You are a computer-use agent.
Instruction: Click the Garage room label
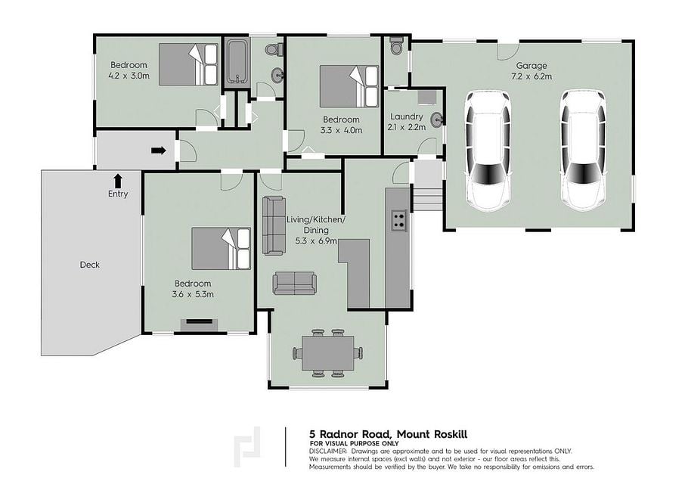[532, 66]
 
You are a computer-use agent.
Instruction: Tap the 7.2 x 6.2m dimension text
[532, 76]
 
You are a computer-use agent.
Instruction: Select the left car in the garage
[488, 150]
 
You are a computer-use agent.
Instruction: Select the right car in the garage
[583, 150]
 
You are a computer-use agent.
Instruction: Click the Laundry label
[406, 116]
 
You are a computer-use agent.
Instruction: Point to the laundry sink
[436, 119]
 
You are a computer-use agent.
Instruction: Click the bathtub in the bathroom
[237, 61]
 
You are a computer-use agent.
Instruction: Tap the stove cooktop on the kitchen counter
[398, 220]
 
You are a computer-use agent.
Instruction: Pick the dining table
[327, 353]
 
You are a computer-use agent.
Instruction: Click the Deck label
[89, 265]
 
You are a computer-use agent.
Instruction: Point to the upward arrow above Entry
[117, 181]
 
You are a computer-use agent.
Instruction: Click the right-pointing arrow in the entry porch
[159, 150]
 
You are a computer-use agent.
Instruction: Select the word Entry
[118, 194]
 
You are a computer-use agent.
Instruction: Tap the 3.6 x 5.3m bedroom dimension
[193, 294]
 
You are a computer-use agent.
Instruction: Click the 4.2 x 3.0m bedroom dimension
[129, 76]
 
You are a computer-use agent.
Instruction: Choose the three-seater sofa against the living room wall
[274, 225]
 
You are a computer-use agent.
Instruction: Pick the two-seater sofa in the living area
[295, 283]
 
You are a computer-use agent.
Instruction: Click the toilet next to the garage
[396, 46]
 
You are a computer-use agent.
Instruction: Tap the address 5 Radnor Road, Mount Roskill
[389, 434]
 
